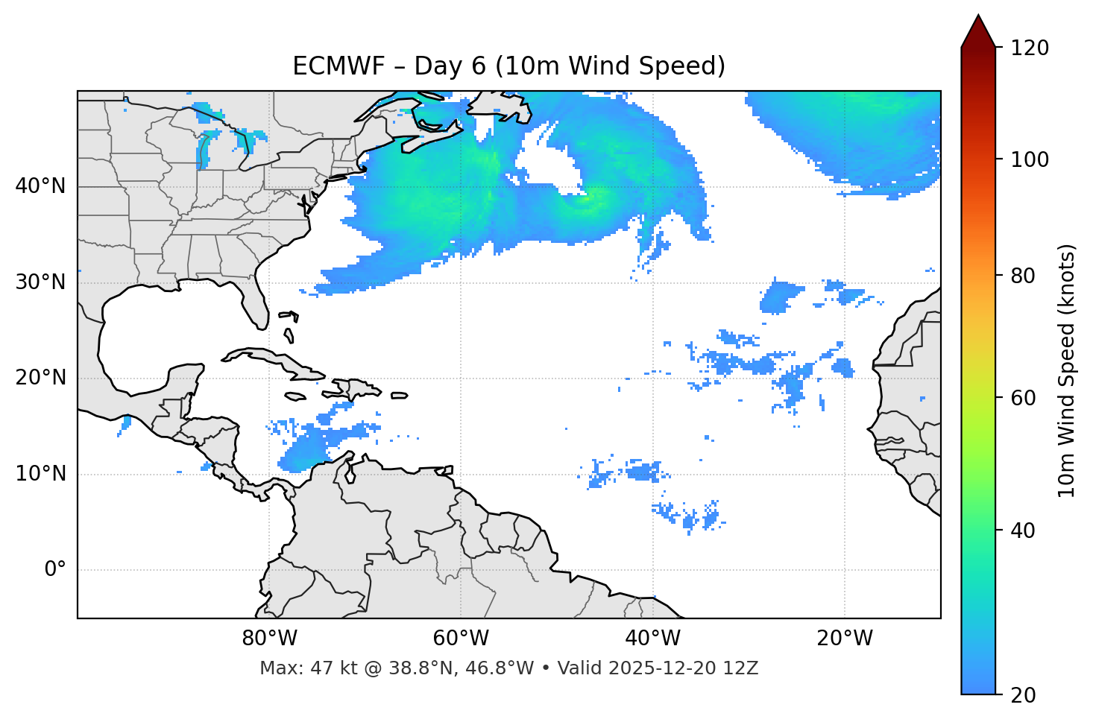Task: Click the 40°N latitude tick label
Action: tap(40, 186)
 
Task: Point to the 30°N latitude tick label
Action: tap(40, 282)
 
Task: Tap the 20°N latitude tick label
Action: tap(40, 378)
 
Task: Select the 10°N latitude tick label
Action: tap(40, 474)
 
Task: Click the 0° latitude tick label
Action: tap(55, 570)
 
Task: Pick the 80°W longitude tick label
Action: tap(269, 639)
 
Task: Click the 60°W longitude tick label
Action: tap(461, 639)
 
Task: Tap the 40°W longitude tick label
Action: tap(652, 639)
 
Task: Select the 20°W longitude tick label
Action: tap(845, 639)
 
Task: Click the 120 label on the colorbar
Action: tap(1029, 48)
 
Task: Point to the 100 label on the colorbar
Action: tap(1029, 159)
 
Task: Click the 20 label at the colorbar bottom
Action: tap(1021, 695)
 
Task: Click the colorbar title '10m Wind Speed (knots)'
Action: tap(1067, 371)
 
